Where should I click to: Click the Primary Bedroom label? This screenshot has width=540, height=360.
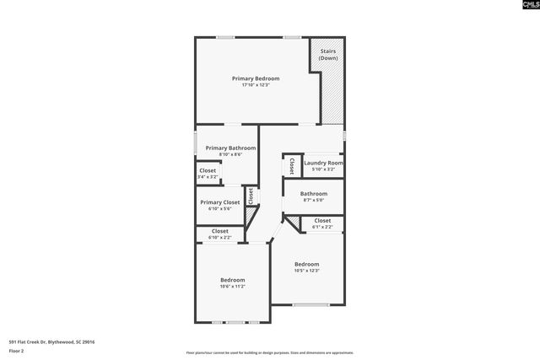click(256, 78)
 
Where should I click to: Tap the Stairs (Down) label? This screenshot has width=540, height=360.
click(328, 55)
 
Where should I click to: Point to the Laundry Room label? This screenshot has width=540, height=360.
click(323, 163)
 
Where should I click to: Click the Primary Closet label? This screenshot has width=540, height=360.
click(219, 202)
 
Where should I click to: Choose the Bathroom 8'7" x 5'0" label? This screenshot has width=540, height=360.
click(313, 193)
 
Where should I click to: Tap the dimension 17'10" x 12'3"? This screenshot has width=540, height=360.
click(256, 85)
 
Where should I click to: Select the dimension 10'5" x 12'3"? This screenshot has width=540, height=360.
click(306, 271)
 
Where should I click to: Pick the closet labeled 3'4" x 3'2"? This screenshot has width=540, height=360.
click(208, 177)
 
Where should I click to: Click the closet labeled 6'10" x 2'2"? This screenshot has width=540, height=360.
click(220, 238)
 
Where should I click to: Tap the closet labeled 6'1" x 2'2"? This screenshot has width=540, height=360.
click(322, 227)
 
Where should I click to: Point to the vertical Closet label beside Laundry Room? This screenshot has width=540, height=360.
click(292, 164)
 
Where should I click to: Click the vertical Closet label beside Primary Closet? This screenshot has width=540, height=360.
click(251, 196)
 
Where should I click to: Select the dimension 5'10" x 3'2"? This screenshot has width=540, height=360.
click(323, 169)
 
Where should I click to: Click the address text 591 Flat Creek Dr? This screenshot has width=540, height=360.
click(51, 342)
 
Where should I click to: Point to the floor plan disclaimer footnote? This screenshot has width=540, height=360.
click(270, 352)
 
